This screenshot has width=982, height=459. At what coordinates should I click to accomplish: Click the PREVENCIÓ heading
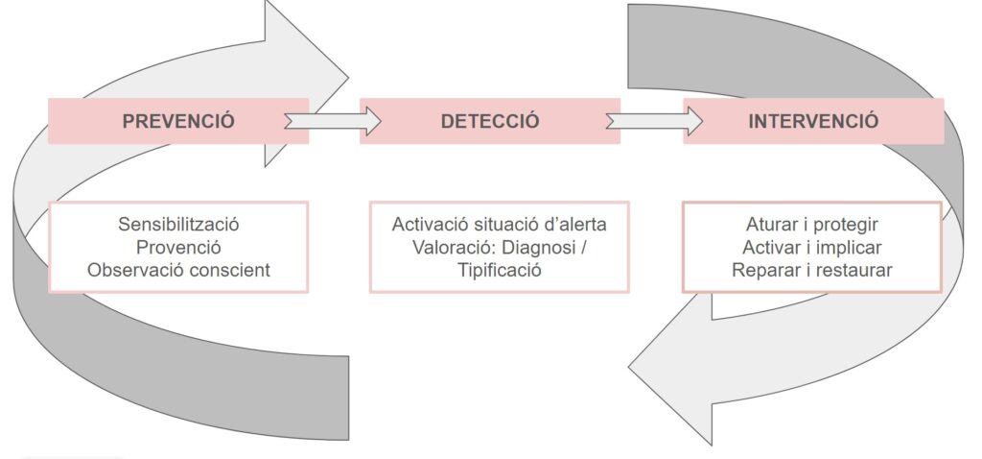pyautogui.click(x=178, y=122)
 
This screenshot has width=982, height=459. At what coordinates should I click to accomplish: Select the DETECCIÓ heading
pyautogui.click(x=490, y=122)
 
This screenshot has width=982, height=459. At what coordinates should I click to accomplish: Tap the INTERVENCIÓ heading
pyautogui.click(x=813, y=122)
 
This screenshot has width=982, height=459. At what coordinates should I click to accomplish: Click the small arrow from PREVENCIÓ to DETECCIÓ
pyautogui.click(x=334, y=121)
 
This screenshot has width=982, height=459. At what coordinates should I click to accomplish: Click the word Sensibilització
pyautogui.click(x=178, y=225)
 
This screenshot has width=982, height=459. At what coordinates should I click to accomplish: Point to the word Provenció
pyautogui.click(x=178, y=247)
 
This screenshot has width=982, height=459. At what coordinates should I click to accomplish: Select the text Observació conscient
pyautogui.click(x=178, y=270)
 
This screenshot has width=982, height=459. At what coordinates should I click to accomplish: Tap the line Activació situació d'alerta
pyautogui.click(x=499, y=225)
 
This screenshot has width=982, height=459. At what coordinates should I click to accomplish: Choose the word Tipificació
pyautogui.click(x=499, y=270)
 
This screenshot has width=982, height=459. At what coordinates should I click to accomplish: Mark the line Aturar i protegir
pyautogui.click(x=812, y=225)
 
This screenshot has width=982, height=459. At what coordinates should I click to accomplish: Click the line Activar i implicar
pyautogui.click(x=812, y=247)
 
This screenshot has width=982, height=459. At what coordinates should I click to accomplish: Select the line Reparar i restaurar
pyautogui.click(x=812, y=270)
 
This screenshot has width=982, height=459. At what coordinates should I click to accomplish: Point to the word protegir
pyautogui.click(x=844, y=225)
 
